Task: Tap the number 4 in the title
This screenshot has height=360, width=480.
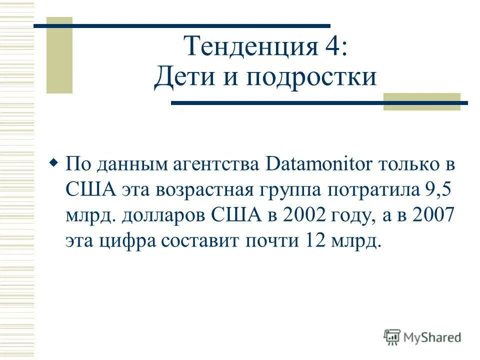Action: click(331, 47)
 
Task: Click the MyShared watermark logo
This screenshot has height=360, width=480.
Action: click(422, 337)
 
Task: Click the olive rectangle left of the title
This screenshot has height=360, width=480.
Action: click(59, 55)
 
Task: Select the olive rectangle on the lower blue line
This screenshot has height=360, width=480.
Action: click(421, 101)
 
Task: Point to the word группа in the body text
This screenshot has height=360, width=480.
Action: click(295, 191)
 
